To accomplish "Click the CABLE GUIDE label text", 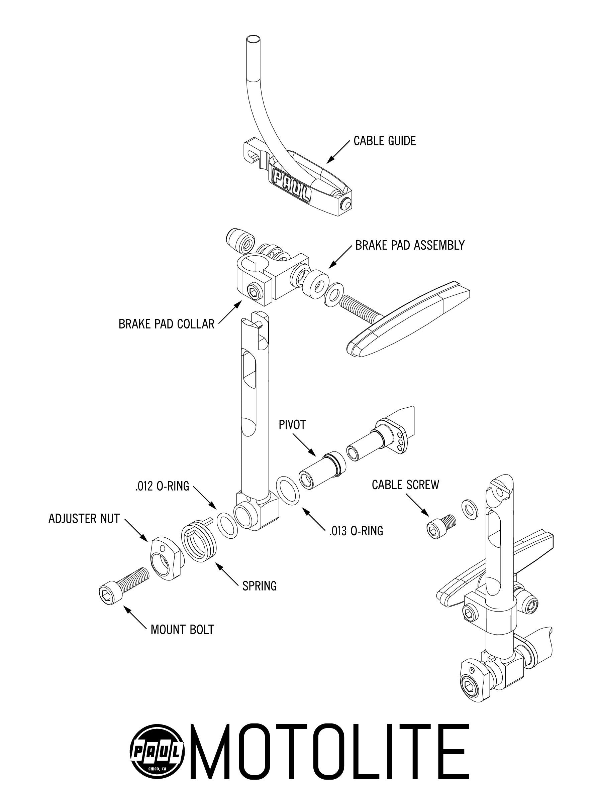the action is point(385,141).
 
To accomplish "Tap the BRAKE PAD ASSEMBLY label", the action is point(410,246).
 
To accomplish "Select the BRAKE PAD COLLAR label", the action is point(167,324).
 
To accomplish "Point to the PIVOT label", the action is point(292,425).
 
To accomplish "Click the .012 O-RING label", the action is point(162,486).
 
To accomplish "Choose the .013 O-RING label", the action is point(356,531).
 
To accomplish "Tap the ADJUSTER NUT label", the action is point(84,519).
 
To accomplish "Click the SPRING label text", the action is point(260,586).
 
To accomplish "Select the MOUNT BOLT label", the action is point(182,630).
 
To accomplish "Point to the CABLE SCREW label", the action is point(405,485).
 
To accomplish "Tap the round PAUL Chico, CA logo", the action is point(158,752).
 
